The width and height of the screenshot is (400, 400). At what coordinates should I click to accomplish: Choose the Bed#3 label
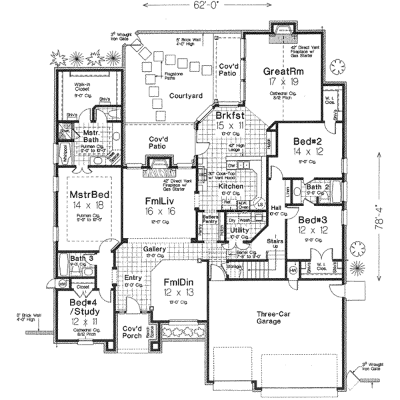pyautogui.click(x=312, y=220)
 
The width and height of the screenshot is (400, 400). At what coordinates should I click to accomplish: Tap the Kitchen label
pyautogui.click(x=230, y=187)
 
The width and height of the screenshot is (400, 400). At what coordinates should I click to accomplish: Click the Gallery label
pyautogui.click(x=155, y=249)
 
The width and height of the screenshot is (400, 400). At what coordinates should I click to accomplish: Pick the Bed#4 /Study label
pyautogui.click(x=84, y=306)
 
